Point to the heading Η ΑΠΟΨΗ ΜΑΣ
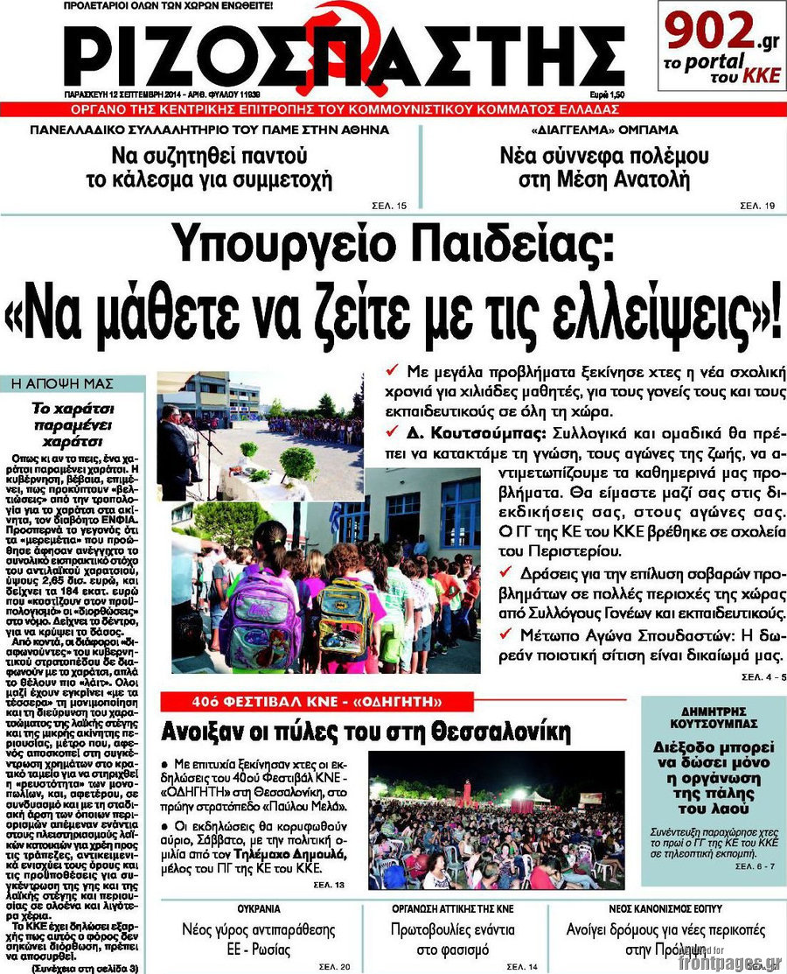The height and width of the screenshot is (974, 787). [x=50, y=382]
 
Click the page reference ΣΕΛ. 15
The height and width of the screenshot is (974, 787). [x=390, y=205]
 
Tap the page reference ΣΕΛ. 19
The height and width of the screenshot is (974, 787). [x=757, y=205]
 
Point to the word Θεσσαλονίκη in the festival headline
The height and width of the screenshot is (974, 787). [x=498, y=732]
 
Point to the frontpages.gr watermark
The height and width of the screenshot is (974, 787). [x=727, y=961]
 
